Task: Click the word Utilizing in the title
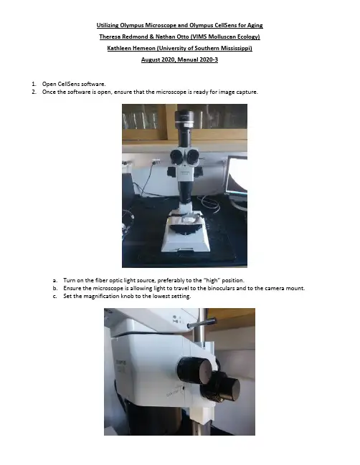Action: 108,25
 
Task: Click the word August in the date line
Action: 150,59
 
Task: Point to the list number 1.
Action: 34,84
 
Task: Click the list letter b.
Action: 55,288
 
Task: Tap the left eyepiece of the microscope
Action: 176,157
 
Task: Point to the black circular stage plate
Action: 186,229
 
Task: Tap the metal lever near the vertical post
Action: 202,323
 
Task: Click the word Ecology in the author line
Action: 249,37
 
